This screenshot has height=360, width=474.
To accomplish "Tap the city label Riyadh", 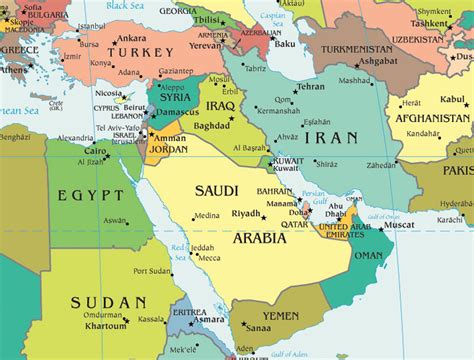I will coord(246,214).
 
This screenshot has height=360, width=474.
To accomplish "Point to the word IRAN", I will coord(331,136).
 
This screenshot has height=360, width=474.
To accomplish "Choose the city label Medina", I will coord(207,216).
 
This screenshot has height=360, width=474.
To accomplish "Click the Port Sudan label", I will coord(153,271).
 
